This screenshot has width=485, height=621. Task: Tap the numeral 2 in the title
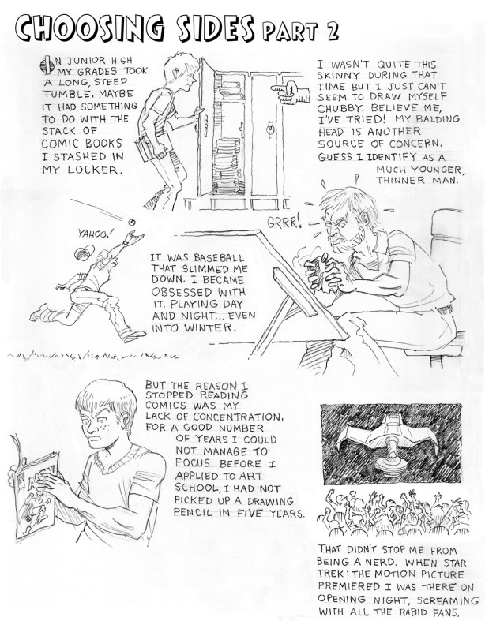[x=331, y=31]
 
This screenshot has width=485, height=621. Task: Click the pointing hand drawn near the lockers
[x=289, y=92]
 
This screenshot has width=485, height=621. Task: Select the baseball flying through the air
[x=132, y=223]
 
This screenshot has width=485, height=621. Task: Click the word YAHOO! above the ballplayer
[x=92, y=234]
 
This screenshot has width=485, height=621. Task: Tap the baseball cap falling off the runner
[x=84, y=253]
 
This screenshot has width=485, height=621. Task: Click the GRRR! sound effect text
[x=284, y=223]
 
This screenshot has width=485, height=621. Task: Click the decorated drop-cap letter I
[x=47, y=65]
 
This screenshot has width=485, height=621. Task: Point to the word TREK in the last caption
[x=329, y=574]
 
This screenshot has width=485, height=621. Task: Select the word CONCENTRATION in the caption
[x=239, y=417]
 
